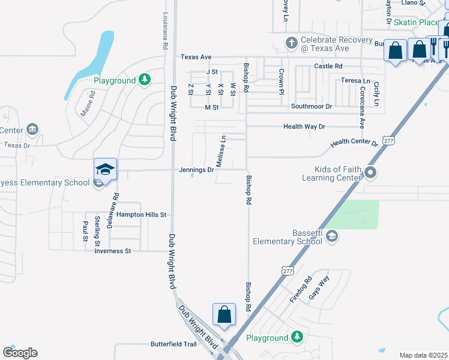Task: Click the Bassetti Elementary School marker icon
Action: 332,237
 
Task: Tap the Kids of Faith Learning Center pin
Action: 370,173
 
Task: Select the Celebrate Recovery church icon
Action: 291,43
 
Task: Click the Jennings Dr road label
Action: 196,170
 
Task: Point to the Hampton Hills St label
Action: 141,214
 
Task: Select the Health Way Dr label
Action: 304,127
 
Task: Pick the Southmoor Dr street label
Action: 312,106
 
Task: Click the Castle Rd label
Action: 328,65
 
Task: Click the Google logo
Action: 20,353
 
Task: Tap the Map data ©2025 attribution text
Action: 423,355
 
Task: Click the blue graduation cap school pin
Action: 105,170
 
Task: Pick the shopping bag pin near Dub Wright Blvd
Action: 224,314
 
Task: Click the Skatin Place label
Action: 417,22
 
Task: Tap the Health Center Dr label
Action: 355,143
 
